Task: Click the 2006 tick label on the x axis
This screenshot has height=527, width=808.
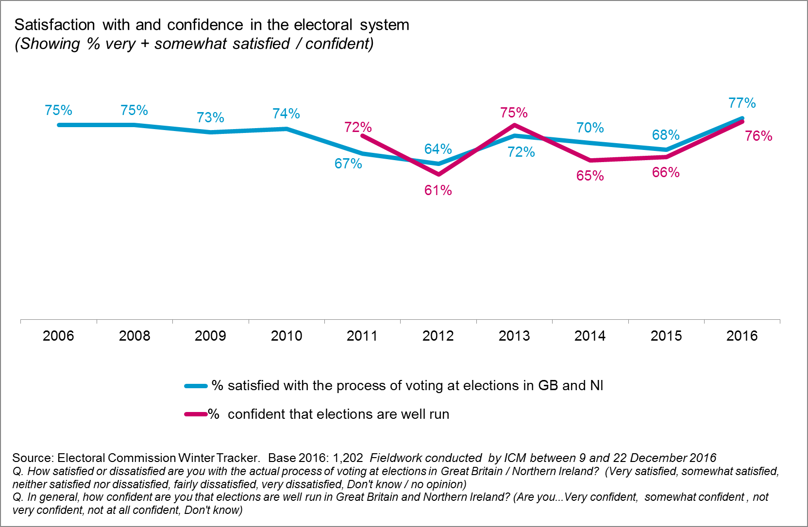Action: tap(58, 336)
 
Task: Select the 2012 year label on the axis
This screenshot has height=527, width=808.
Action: tap(438, 336)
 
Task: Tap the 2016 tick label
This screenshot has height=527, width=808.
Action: tap(741, 336)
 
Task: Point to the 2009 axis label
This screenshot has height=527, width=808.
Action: tap(210, 336)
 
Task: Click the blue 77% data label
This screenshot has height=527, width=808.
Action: tap(742, 103)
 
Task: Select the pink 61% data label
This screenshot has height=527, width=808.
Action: tap(438, 190)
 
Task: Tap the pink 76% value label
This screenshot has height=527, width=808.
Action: tap(758, 136)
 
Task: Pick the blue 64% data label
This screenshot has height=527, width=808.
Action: tap(438, 149)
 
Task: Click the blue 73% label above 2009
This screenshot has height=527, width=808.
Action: tap(210, 117)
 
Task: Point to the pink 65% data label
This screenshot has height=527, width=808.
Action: tap(590, 176)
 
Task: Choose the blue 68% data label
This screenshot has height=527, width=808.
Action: tap(666, 135)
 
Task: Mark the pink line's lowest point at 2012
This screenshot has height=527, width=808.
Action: tap(438, 174)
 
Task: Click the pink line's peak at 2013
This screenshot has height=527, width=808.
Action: tap(514, 125)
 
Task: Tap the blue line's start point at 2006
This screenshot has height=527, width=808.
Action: tap(59, 125)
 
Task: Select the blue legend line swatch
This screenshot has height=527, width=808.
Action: tap(196, 386)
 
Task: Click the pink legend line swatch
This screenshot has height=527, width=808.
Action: tap(196, 414)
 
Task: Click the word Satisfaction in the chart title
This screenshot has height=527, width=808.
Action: tap(54, 25)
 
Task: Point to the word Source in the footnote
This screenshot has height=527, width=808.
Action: tap(33, 458)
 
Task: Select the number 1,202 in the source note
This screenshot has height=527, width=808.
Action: tap(348, 458)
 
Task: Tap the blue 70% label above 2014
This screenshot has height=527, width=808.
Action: tap(590, 128)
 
